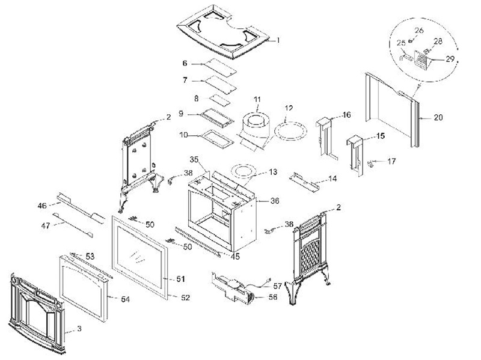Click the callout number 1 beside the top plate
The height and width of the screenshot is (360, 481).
(x=278, y=40)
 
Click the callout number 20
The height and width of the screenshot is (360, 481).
(x=438, y=118)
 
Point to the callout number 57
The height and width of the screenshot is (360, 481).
(x=277, y=287)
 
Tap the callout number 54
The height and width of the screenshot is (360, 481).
(x=126, y=299)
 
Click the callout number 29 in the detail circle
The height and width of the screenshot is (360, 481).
(x=450, y=59)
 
